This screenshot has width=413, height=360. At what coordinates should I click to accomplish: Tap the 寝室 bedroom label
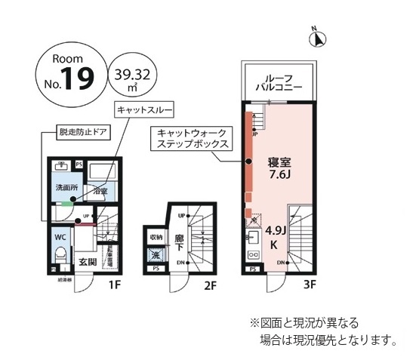click(279, 162)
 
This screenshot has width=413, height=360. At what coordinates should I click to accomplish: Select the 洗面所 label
click(63, 187)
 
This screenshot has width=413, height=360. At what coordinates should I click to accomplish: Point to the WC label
click(60, 235)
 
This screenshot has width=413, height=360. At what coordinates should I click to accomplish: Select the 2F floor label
click(210, 285)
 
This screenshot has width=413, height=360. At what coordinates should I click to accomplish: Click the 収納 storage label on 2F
click(156, 237)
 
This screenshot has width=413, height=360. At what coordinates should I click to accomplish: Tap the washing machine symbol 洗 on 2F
click(156, 254)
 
